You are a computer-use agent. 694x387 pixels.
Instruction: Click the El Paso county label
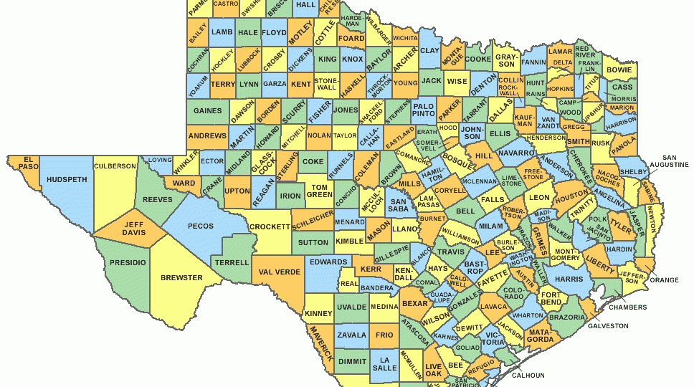[29, 163]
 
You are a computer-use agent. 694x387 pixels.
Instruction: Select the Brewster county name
[181, 277]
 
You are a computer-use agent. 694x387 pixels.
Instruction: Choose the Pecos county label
[200, 226]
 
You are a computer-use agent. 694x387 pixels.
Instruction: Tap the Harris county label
[569, 278]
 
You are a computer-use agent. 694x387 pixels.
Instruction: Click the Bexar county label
[414, 304]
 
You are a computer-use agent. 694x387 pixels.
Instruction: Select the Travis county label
[451, 252]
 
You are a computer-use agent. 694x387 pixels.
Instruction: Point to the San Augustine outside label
[674, 161]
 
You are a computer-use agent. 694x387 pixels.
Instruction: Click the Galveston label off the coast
[608, 325]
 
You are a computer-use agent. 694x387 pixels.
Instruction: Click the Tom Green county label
[319, 191]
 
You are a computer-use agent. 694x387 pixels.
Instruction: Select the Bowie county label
[619, 70]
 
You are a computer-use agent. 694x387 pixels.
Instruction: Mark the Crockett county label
[270, 227]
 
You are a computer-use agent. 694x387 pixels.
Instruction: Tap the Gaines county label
[207, 110]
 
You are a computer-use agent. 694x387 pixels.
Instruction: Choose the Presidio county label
[128, 263]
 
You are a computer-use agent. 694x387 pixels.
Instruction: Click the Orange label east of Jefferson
[664, 279]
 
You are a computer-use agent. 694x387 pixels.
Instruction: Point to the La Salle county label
[385, 363]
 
